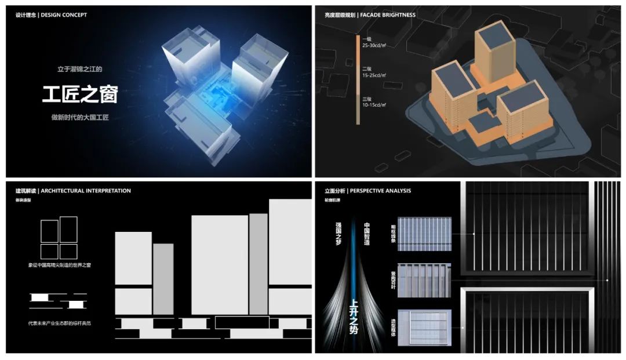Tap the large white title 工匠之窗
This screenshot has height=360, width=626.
pyautogui.click(x=79, y=94)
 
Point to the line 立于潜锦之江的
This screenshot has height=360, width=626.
pyautogui.click(x=79, y=69)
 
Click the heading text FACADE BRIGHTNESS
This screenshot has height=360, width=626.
pyautogui.click(x=388, y=15)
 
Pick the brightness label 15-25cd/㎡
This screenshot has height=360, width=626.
pyautogui.click(x=374, y=75)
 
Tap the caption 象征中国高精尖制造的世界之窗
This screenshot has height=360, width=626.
pyautogui.click(x=60, y=265)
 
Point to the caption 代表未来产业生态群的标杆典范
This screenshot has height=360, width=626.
pyautogui.click(x=60, y=323)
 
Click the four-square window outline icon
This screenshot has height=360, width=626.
pyautogui.click(x=59, y=238)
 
